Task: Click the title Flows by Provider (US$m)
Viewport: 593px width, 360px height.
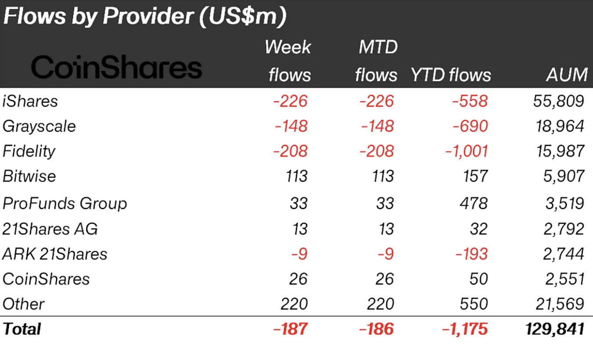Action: pyautogui.click(x=145, y=17)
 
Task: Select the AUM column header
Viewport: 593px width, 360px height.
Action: pyautogui.click(x=567, y=75)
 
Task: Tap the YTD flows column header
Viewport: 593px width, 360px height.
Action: pyautogui.click(x=451, y=75)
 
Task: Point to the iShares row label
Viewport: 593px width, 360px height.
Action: pyautogui.click(x=30, y=101)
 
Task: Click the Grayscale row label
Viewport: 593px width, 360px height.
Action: pyautogui.click(x=39, y=126)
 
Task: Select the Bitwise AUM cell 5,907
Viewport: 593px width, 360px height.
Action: pyautogui.click(x=564, y=176)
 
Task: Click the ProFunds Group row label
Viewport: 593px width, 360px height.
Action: pyautogui.click(x=65, y=203)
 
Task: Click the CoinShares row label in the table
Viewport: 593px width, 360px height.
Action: pyautogui.click(x=46, y=279)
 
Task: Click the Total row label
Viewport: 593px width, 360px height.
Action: pyautogui.click(x=22, y=329)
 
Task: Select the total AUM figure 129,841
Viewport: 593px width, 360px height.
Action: pyautogui.click(x=555, y=329)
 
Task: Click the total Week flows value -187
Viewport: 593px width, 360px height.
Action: pyautogui.click(x=290, y=329)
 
